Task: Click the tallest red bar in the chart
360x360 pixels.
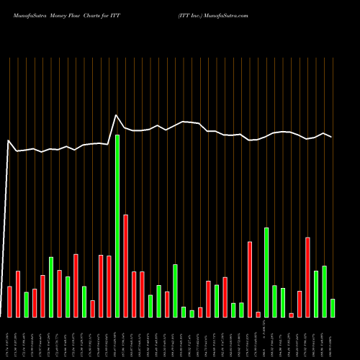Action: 125,266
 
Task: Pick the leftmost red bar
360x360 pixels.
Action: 9,302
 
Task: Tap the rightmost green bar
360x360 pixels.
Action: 333,308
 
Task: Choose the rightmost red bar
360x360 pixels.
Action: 307,277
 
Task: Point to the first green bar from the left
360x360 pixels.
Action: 26,305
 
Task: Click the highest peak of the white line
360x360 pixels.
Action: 117,115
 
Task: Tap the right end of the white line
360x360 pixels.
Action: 332,137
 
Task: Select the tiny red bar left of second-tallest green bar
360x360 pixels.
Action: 258,315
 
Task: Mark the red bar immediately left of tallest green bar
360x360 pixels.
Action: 109,287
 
